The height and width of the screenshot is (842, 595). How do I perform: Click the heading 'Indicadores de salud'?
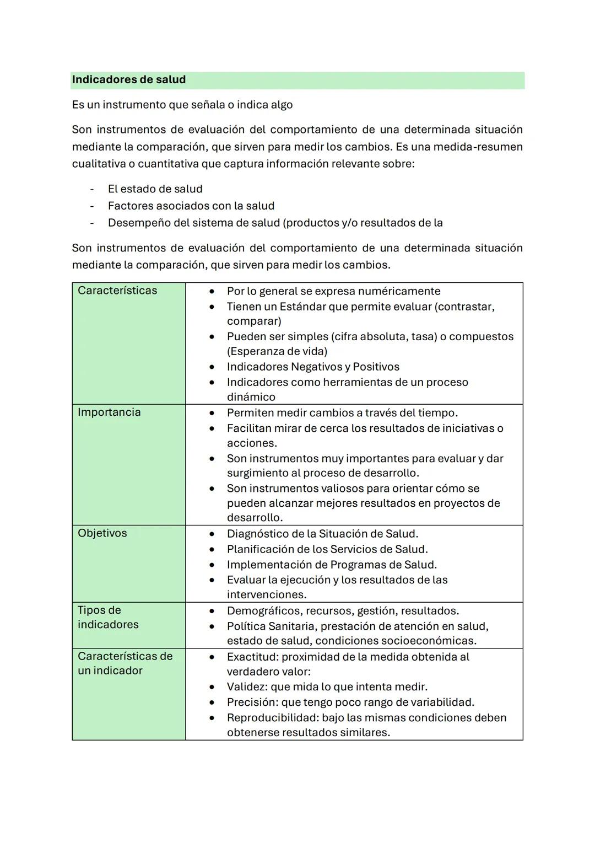[129, 80]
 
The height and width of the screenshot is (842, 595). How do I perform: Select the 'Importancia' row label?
[109, 412]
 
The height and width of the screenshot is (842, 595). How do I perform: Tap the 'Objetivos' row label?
[102, 533]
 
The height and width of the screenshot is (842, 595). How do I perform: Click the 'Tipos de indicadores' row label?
[108, 617]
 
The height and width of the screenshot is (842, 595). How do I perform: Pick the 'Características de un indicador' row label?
[125, 663]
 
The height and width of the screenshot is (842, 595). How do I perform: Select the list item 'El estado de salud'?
[155, 189]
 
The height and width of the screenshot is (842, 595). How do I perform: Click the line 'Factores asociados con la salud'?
[191, 206]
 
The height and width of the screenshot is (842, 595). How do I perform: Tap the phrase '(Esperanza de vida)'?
[277, 351]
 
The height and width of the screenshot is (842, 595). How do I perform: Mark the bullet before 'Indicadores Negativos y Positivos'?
[212, 367]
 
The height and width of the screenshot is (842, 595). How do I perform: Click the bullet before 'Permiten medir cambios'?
[212, 413]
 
